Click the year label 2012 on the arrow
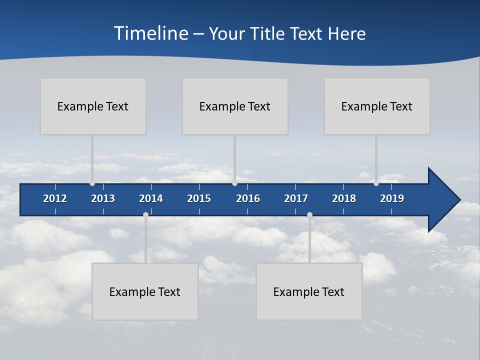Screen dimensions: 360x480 [55, 198]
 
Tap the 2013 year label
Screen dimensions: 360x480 [103, 198]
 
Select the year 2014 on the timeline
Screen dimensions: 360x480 [151, 198]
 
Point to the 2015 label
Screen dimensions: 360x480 [199, 198]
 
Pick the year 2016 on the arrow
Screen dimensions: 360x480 [248, 198]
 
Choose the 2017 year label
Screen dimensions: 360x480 [296, 198]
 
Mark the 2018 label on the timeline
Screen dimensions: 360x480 [344, 198]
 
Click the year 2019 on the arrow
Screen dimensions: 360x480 [392, 198]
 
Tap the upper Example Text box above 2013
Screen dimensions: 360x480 [93, 106]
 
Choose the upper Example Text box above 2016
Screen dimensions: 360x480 [235, 106]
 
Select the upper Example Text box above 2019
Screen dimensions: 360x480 [377, 106]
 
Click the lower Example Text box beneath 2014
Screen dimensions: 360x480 [145, 291]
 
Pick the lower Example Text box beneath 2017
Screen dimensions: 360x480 [309, 291]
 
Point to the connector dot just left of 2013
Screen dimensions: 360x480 [92, 183]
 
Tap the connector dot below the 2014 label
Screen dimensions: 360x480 [145, 215]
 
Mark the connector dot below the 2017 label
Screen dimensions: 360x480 [309, 215]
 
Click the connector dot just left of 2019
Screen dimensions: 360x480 [376, 183]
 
